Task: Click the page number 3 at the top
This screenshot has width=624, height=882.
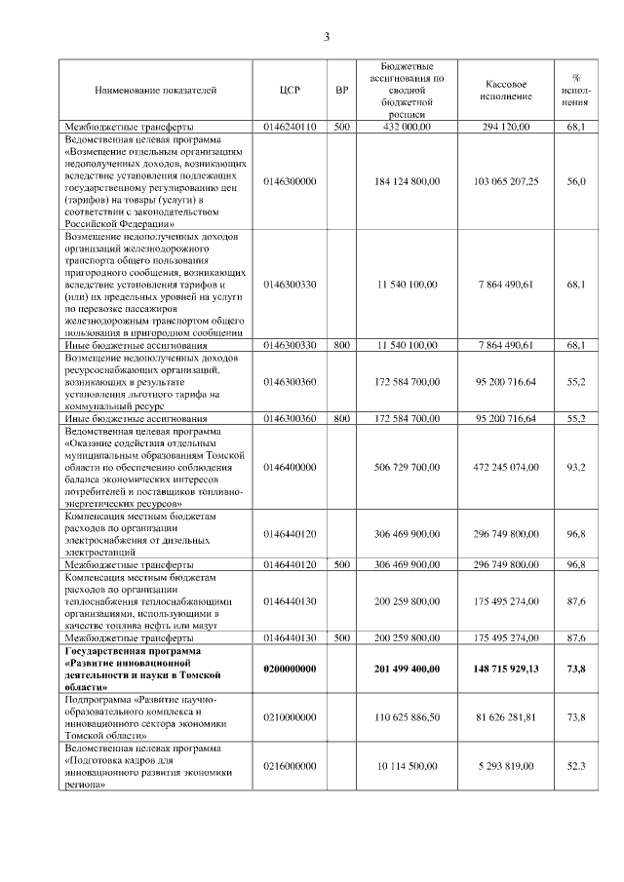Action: pos(327,37)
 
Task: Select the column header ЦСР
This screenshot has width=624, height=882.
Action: pos(290,90)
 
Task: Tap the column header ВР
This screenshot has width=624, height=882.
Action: pos(341,90)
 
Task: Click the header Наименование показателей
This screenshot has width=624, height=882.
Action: pos(155,90)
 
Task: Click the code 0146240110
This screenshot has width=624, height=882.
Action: pos(290,127)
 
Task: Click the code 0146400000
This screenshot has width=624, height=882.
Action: pos(290,467)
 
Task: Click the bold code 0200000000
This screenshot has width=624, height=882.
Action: pos(290,667)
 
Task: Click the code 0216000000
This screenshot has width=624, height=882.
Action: pos(290,766)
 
